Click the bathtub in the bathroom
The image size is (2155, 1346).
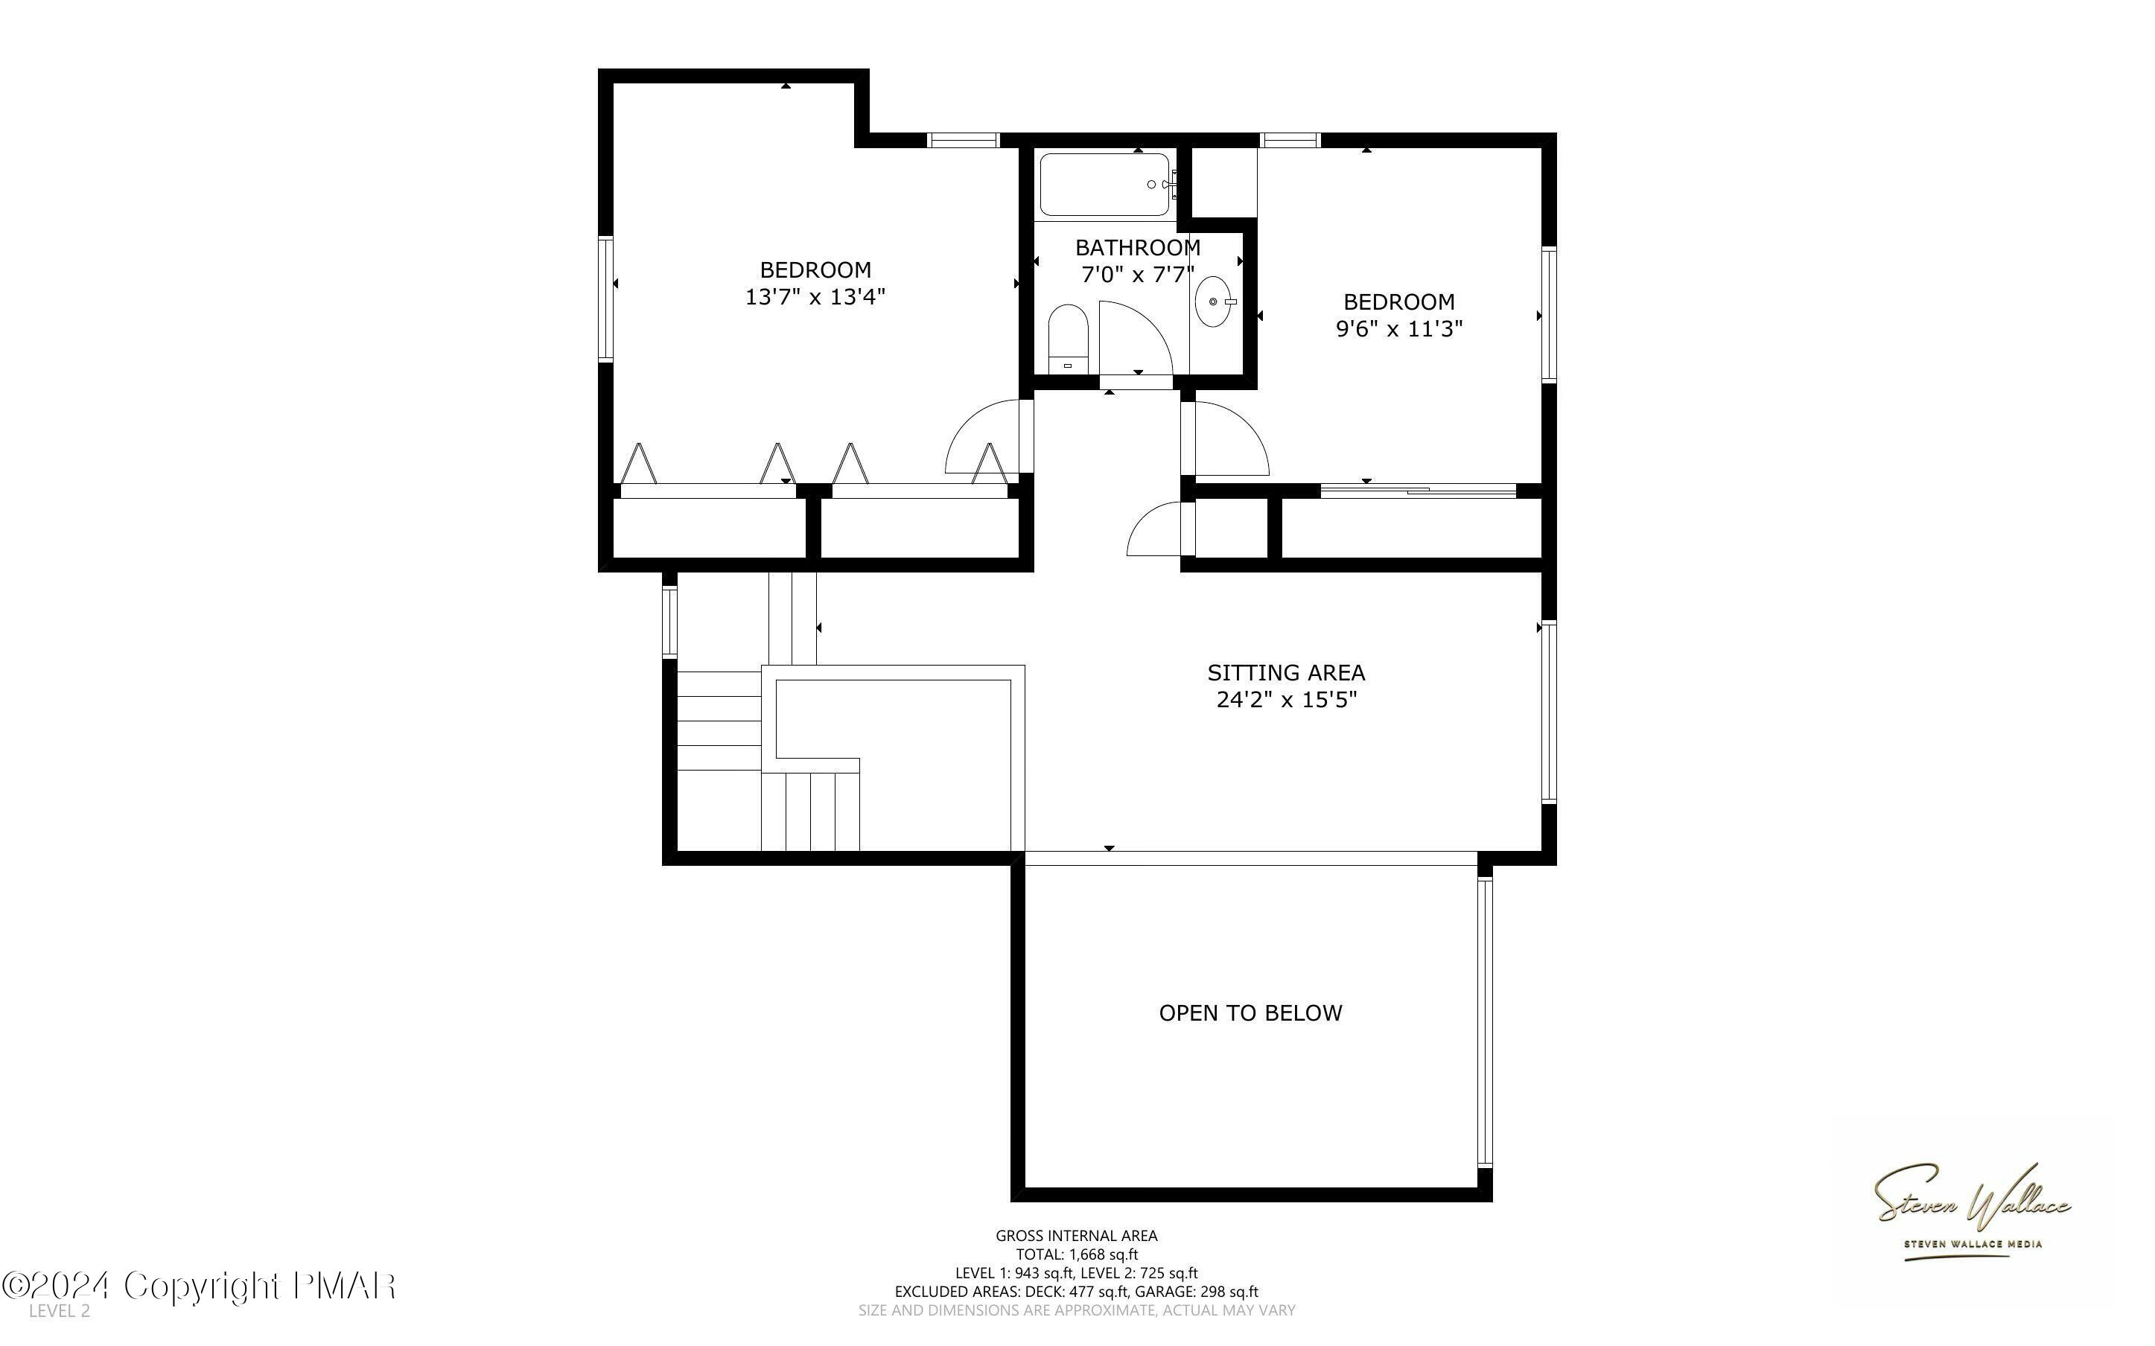[1104, 185]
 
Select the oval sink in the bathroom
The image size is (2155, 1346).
[1212, 302]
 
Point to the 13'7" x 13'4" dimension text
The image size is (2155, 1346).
[815, 297]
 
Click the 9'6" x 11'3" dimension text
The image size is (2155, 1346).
[1398, 329]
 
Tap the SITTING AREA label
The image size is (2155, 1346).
[1285, 673]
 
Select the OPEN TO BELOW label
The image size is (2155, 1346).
[1250, 1013]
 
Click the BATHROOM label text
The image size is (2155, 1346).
[1138, 247]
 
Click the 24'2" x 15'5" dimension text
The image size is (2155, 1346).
[1286, 701]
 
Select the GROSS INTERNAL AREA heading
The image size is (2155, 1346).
[1076, 1236]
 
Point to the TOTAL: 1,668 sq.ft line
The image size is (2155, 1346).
[1076, 1254]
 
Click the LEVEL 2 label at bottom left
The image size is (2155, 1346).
[59, 1311]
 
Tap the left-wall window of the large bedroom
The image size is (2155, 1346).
[605, 299]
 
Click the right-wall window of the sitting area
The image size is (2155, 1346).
[1548, 712]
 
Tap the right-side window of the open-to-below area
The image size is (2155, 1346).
[1484, 1022]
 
